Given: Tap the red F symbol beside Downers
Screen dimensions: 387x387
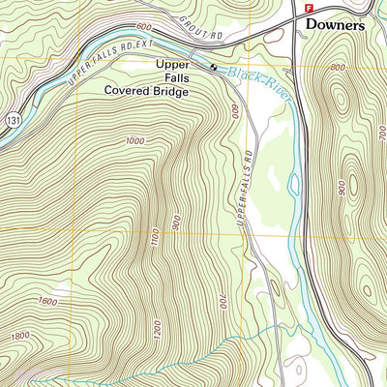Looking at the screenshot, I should pos(309,8).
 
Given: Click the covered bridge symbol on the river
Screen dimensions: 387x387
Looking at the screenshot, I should pos(213,66).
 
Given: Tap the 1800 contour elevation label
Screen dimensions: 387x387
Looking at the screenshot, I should pos(19,336).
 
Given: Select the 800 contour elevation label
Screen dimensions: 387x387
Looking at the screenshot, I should pos(337,68).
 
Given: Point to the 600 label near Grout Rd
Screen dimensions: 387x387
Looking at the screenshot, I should pos(144,27).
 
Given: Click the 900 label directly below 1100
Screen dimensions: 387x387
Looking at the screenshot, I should pos(176,222).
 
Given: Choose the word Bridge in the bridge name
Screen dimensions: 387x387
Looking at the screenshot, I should pos(172,92).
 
